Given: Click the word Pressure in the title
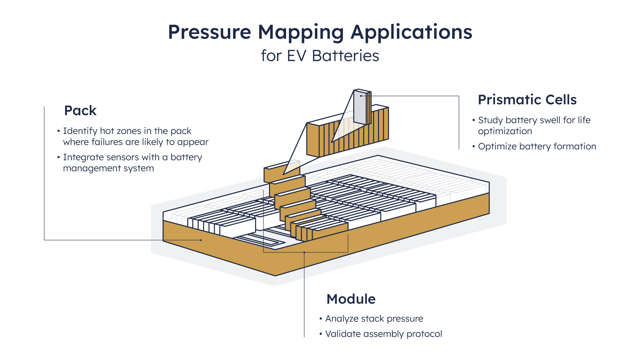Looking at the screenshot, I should pos(209,32).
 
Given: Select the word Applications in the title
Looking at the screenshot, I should pos(411,32).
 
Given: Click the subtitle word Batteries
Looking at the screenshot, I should pos(345,56).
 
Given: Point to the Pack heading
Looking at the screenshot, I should pos(80,111).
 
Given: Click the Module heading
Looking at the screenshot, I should pos(351,299).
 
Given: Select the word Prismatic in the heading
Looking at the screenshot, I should pos(511,100).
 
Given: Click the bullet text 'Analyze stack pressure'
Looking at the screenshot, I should pos(374,319).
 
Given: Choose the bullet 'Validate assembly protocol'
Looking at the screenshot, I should pos(383,334).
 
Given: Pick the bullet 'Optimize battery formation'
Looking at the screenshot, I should pos(537,146).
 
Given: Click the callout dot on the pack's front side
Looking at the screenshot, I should pos(201,240).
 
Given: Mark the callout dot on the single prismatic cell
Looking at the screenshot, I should pos(361,96).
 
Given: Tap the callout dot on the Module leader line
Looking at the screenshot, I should pos(304,252).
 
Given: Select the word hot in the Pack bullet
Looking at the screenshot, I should pos(107,131).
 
